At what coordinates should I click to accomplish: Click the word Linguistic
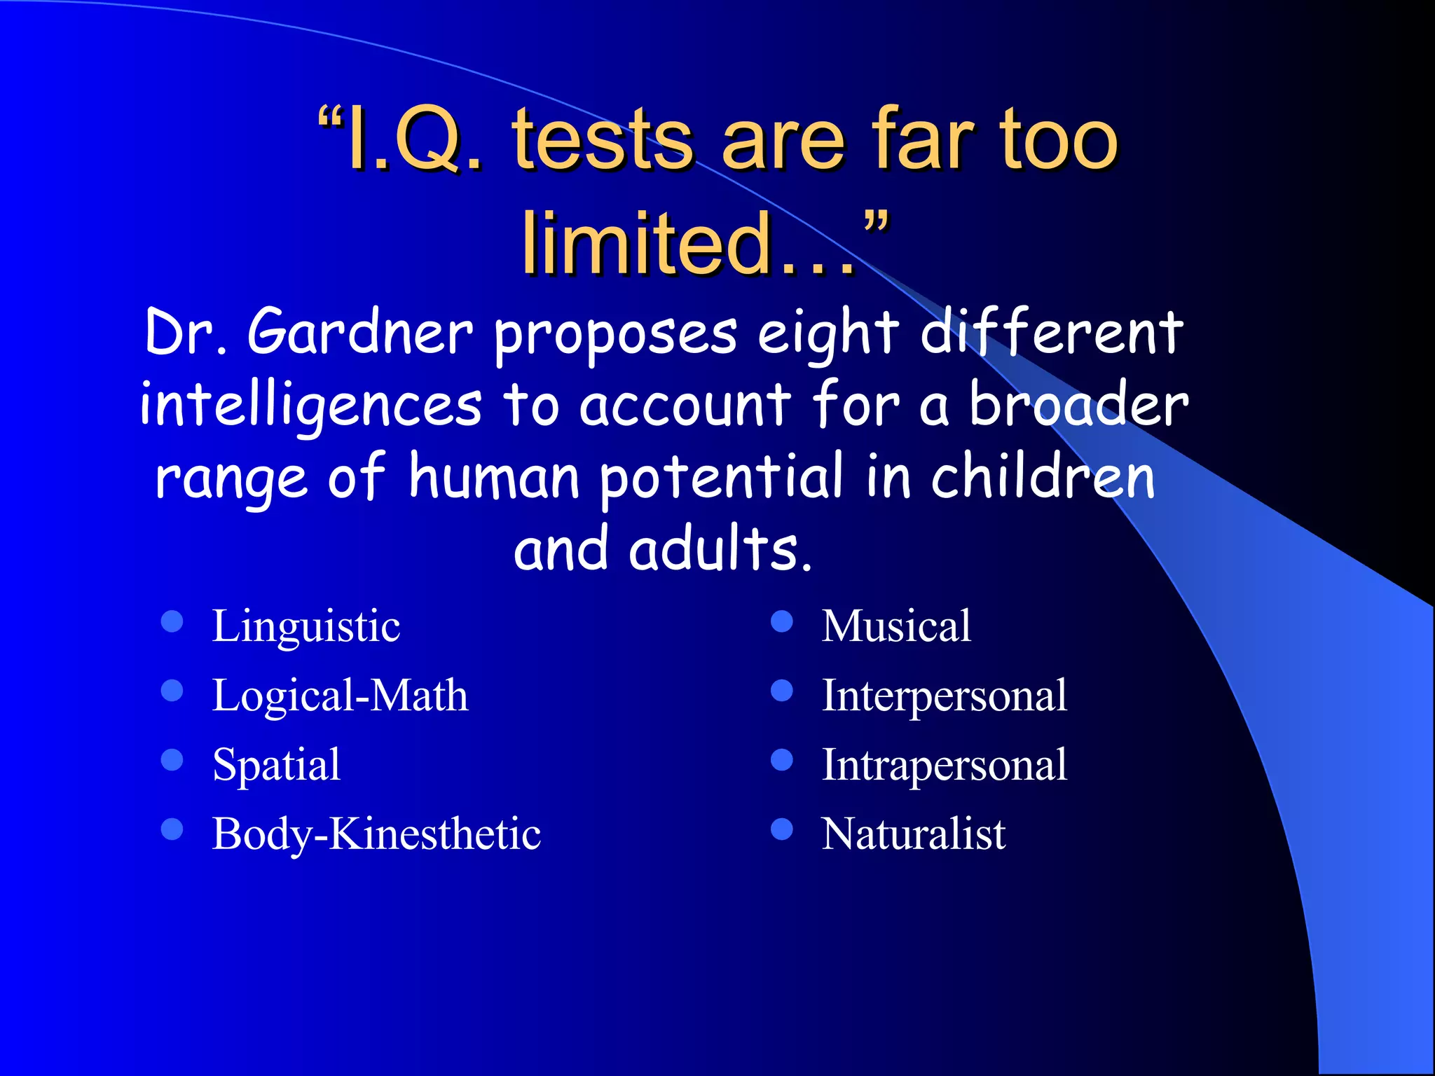pyautogui.click(x=306, y=626)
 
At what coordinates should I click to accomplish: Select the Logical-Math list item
pyautogui.click(x=340, y=696)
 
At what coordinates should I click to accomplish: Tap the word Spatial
pyautogui.click(x=276, y=764)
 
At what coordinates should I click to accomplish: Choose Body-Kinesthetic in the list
pyautogui.click(x=376, y=834)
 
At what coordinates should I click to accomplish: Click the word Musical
pyautogui.click(x=896, y=626)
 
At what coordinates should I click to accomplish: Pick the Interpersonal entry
pyautogui.click(x=944, y=696)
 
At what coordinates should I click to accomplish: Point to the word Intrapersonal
pyautogui.click(x=944, y=764)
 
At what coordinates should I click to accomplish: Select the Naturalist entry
pyautogui.click(x=913, y=834)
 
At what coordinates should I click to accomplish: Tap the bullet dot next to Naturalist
pyautogui.click(x=781, y=829)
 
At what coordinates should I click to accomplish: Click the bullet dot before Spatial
pyautogui.click(x=172, y=760)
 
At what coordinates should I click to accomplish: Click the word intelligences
pyautogui.click(x=311, y=406)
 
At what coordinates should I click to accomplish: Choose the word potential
pyautogui.click(x=722, y=478)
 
